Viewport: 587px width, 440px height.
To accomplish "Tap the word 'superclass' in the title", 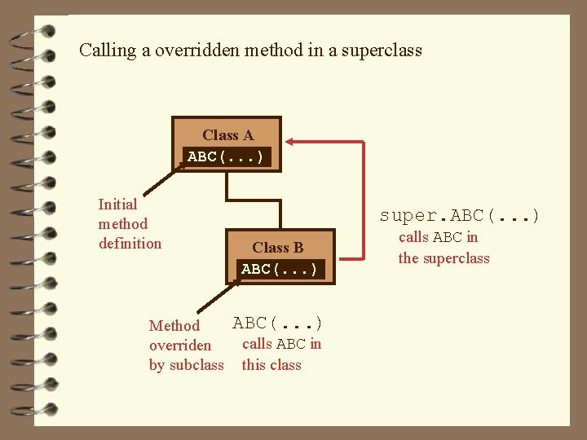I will (382, 51).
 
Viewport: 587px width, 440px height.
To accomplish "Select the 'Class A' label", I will (227, 135).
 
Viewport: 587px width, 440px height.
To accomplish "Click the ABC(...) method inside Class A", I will (226, 156).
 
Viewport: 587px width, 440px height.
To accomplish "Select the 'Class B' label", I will (277, 248).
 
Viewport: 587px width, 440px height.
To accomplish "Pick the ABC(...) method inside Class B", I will (279, 269).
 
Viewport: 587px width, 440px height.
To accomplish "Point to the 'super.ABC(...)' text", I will (460, 216).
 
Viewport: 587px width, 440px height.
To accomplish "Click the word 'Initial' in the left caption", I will (117, 205).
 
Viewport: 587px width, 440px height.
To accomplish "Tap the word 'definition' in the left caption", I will (130, 244).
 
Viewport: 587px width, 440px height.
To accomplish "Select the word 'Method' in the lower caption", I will (174, 326).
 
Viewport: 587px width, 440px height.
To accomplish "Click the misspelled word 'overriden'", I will (180, 345).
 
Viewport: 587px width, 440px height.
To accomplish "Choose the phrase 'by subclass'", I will (186, 365).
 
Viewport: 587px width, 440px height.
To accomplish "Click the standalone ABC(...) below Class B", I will (278, 323).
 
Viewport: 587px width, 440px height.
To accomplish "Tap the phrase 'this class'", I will (271, 365).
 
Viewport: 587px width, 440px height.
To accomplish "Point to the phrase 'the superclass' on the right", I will (444, 258).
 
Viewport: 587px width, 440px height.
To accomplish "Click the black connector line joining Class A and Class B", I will (254, 200).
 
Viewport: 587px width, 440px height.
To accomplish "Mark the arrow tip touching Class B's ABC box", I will (238, 280).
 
